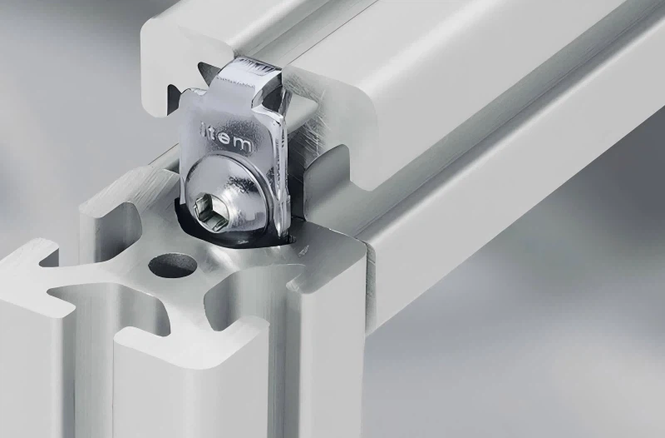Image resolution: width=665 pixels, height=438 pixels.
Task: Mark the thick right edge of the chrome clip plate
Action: [x=282, y=175]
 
